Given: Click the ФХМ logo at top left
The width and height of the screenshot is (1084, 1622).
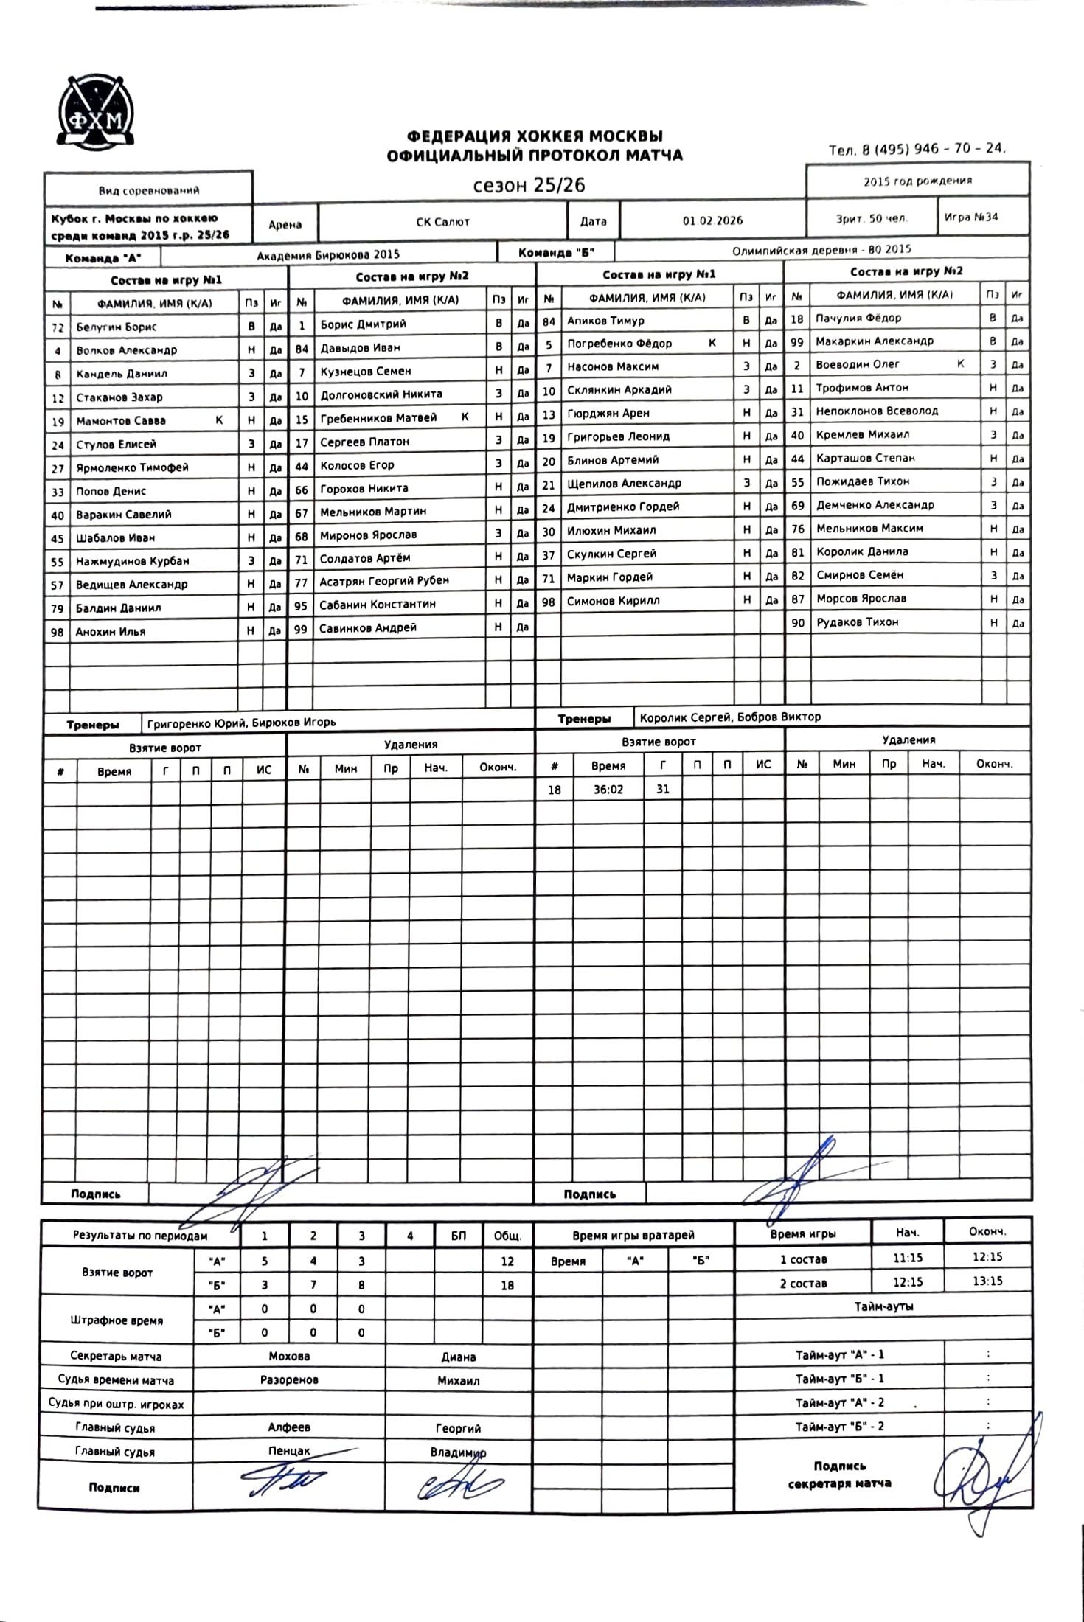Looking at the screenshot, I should click(96, 111).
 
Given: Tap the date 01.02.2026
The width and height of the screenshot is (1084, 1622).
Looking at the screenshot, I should click(712, 220).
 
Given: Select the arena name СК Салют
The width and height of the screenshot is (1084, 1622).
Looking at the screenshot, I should click(442, 222).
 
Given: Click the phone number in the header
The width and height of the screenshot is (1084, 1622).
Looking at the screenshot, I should click(917, 149).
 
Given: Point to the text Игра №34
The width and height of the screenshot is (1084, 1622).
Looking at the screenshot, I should click(971, 217).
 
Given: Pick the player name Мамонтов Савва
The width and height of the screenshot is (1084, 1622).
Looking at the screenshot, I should click(121, 421).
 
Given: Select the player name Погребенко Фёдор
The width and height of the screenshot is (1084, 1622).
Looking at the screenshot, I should click(619, 344).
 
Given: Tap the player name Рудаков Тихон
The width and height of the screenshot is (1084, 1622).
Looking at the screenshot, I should click(857, 622).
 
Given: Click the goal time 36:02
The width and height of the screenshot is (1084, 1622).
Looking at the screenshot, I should click(608, 790).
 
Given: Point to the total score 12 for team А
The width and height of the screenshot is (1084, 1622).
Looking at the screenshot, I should click(507, 1261).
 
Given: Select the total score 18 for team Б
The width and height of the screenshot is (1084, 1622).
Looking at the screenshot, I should click(507, 1286).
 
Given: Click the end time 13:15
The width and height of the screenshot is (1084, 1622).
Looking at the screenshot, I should click(987, 1281).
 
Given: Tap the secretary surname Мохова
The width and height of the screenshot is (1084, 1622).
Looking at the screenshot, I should click(289, 1357).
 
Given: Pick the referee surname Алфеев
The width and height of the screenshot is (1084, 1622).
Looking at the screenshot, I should click(289, 1428).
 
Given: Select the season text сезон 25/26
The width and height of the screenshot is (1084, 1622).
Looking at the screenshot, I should click(529, 185).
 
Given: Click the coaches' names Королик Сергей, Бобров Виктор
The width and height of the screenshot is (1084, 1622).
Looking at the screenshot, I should click(730, 717).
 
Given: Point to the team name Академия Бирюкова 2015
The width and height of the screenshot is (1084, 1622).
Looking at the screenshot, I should click(328, 255).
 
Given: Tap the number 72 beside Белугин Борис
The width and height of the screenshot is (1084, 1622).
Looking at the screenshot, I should click(58, 327).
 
